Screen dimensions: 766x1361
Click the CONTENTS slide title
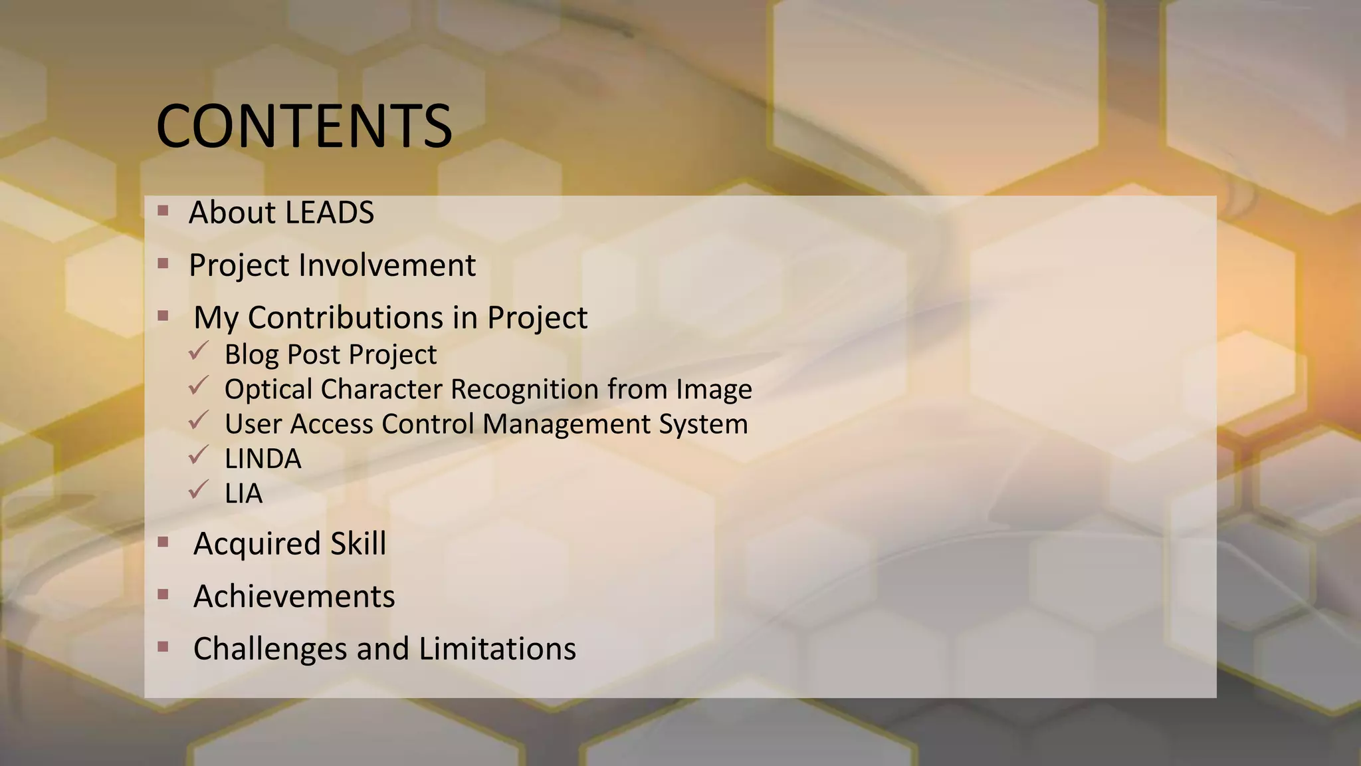coord(304,126)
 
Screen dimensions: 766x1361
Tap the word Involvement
coord(387,265)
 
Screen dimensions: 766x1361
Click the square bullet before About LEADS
coord(163,211)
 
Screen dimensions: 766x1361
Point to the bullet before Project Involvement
coord(163,264)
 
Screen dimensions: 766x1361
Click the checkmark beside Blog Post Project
coord(198,350)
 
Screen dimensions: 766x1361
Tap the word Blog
coord(251,355)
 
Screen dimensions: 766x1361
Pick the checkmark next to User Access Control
coord(198,420)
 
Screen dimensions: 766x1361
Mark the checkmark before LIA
coord(198,489)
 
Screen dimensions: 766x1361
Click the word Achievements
coord(294,596)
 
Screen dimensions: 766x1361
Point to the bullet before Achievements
coord(163,594)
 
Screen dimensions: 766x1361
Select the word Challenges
coord(268,649)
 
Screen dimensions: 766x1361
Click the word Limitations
coord(497,649)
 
